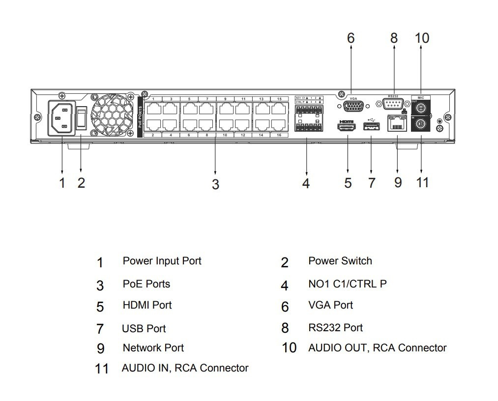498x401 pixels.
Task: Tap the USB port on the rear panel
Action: pyautogui.click(x=371, y=126)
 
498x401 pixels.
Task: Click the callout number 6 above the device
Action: pyautogui.click(x=351, y=38)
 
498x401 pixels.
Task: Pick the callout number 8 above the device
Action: pyautogui.click(x=394, y=38)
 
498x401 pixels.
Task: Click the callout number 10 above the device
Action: pyautogui.click(x=422, y=38)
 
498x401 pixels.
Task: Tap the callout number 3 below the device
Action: pyautogui.click(x=215, y=184)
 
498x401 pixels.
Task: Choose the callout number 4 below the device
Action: pyautogui.click(x=306, y=183)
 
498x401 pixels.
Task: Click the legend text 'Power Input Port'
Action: pyautogui.click(x=162, y=261)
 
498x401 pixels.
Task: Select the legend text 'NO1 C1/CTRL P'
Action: pyautogui.click(x=347, y=284)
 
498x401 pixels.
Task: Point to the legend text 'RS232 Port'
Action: pyautogui.click(x=335, y=327)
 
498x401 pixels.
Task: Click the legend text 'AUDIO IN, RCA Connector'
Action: pyautogui.click(x=185, y=368)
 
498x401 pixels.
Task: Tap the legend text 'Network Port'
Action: pyautogui.click(x=153, y=348)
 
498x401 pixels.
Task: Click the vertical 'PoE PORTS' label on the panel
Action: pyautogui.click(x=140, y=116)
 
